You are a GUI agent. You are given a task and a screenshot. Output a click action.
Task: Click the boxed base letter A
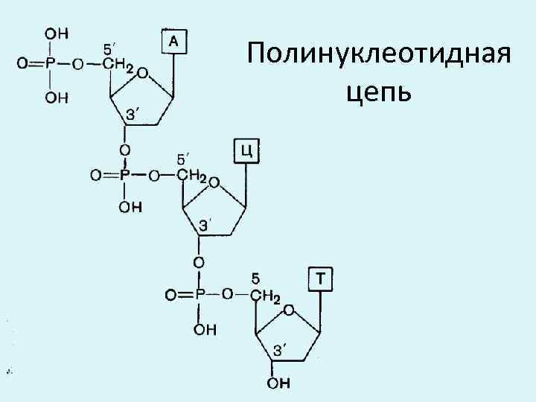pos(173,42)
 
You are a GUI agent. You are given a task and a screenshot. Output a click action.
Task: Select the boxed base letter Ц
pos(247,152)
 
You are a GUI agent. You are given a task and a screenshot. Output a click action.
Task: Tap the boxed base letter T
pos(321,279)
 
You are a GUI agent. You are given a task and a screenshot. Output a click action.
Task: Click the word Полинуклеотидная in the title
pos(380,54)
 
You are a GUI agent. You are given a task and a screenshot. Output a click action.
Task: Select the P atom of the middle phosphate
pos(125,176)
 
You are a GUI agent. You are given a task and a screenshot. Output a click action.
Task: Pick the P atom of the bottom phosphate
pos(199,296)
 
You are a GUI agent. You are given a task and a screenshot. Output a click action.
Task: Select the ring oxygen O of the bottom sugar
pos(289,308)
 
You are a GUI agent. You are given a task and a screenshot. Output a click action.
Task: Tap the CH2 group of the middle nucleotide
pos(192,176)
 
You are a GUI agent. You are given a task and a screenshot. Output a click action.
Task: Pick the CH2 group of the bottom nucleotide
pos(265,298)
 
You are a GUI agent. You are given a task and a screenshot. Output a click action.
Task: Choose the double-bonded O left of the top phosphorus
pos(22,65)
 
